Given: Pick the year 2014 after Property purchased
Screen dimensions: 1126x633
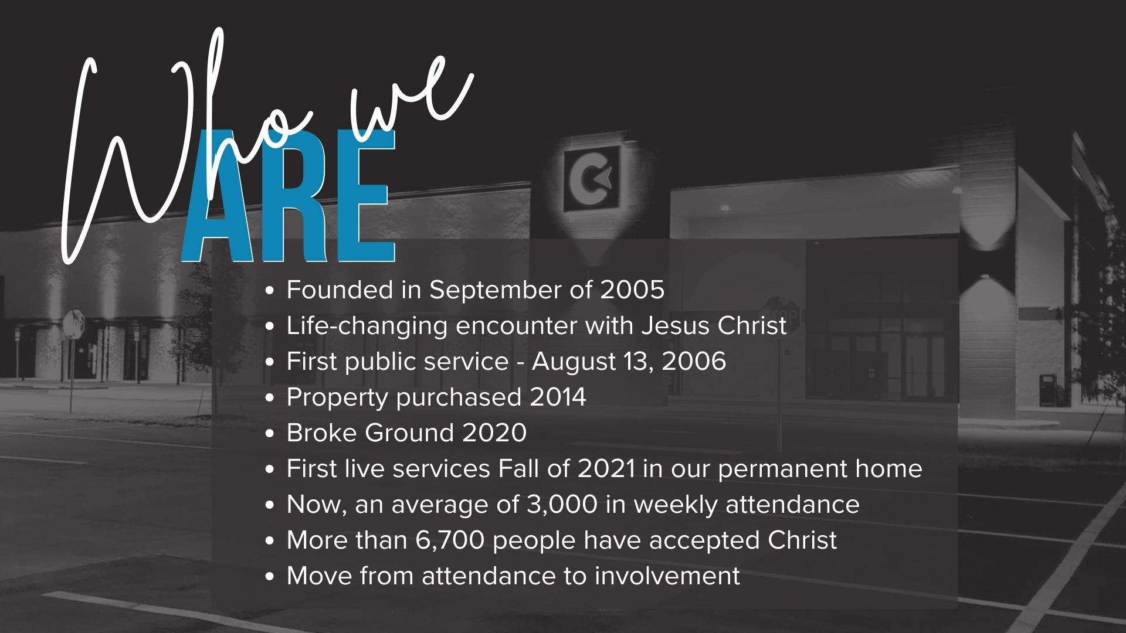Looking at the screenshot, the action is tap(558, 397).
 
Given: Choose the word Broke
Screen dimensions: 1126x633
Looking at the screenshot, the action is tap(321, 433).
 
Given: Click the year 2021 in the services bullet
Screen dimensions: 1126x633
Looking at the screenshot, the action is tap(606, 469).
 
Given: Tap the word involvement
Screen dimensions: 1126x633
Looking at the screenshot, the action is tap(667, 576).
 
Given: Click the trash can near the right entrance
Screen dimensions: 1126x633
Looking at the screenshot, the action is tap(1047, 390).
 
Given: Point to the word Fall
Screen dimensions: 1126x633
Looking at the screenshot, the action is tap(518, 469).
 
